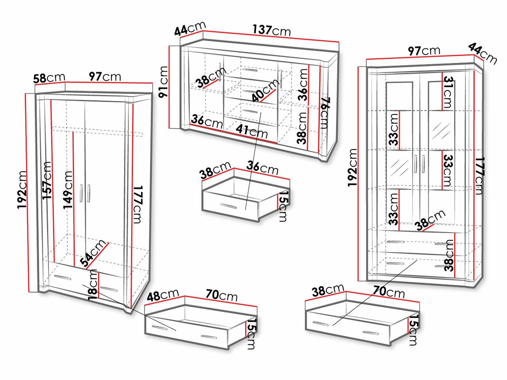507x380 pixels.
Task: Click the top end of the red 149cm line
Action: pos(73,132)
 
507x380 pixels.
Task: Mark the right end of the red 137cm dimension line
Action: pos(339,42)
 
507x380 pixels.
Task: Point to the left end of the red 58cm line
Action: pos(35,85)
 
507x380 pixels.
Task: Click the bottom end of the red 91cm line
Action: pos(170,128)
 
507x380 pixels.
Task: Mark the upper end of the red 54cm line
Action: pos(108,243)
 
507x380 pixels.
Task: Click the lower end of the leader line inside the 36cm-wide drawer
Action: pos(246,210)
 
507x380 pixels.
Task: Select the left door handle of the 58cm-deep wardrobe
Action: pos(81,193)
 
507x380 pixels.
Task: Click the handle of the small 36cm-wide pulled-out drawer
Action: pos(228,206)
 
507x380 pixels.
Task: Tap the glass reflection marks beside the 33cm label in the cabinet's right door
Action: pos(441,131)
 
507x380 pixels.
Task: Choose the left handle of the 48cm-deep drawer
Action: pos(159,327)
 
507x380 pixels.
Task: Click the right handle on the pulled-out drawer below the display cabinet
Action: pos(370,333)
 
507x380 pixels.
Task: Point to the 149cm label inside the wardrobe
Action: pos(68,190)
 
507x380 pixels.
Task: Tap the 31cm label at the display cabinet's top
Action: pos(447,92)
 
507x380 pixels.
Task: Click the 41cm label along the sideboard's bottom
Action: pos(252,131)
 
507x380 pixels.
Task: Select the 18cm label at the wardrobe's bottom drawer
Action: pos(93,285)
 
